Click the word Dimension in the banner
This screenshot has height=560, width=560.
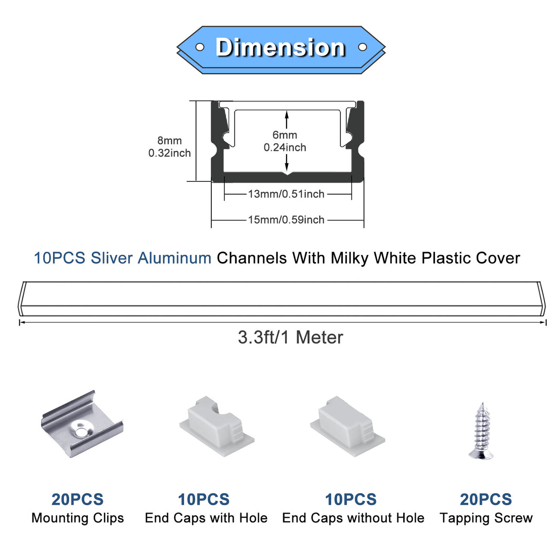(280, 48)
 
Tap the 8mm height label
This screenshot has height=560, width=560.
(169, 141)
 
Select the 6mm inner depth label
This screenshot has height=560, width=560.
(285, 135)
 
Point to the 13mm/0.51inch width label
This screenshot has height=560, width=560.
(286, 194)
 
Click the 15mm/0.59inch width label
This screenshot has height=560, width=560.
(286, 220)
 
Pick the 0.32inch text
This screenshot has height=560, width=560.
(169, 153)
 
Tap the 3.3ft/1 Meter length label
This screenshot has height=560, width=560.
(290, 338)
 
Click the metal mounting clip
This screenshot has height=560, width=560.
(82, 424)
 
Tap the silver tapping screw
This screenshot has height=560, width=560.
(482, 431)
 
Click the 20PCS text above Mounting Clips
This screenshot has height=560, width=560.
(77, 500)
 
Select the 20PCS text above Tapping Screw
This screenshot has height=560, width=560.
(486, 500)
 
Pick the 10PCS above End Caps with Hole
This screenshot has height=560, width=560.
(203, 500)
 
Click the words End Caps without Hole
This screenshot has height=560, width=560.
(353, 518)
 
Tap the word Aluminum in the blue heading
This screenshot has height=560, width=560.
(174, 258)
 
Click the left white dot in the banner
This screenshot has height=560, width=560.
(200, 47)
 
